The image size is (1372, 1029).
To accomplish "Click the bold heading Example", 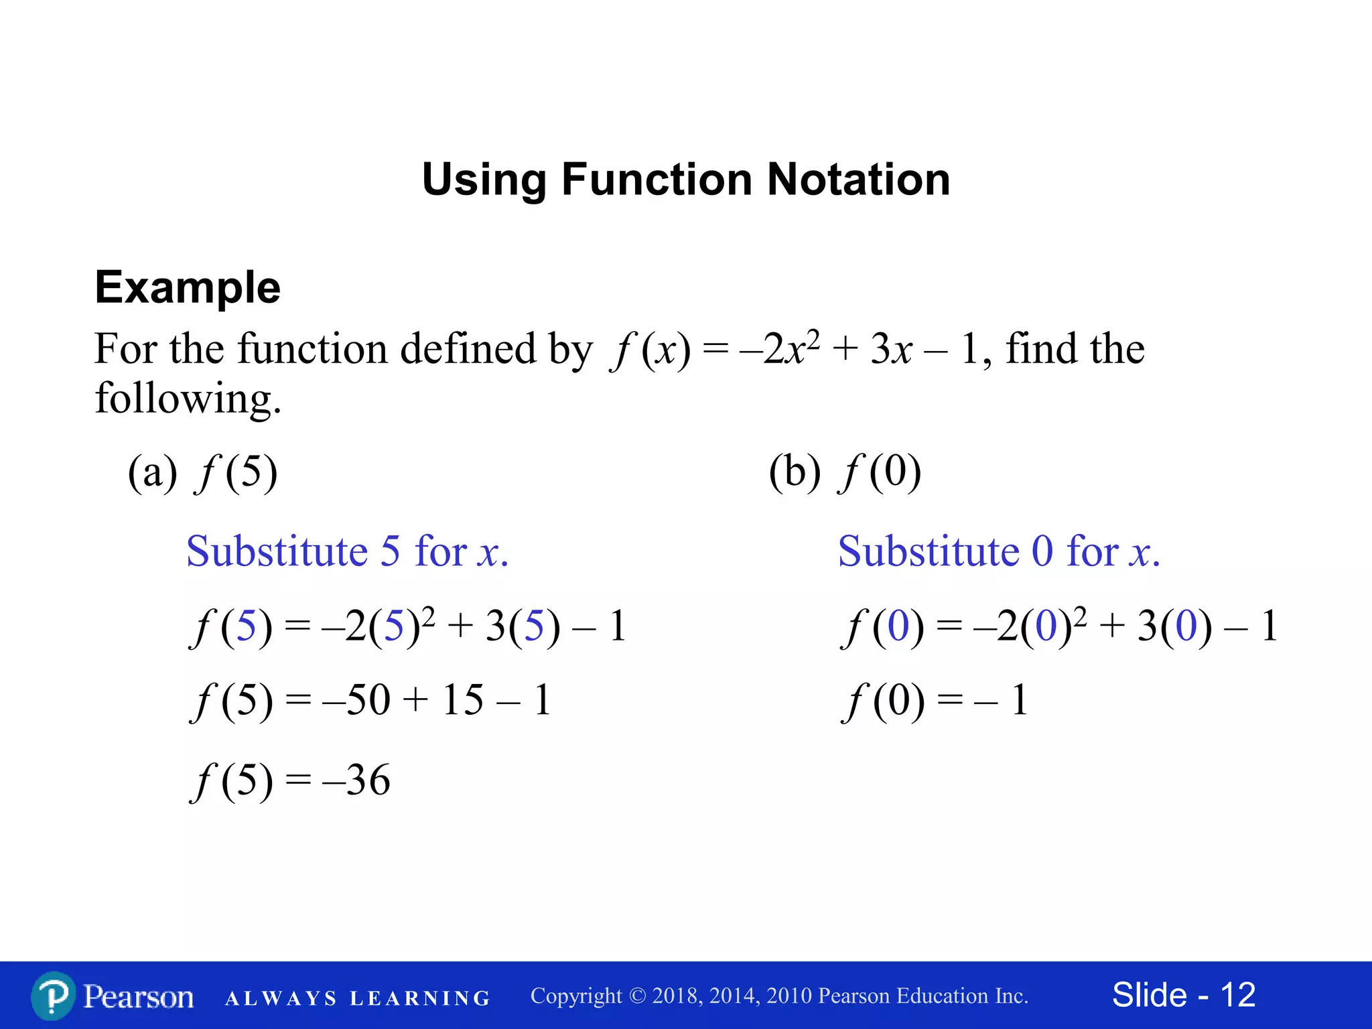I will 188,287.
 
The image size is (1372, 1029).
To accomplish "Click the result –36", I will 356,780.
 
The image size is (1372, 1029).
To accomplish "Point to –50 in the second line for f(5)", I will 356,700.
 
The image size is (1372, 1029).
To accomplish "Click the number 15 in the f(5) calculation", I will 462,700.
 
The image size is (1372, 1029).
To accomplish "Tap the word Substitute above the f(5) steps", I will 277,551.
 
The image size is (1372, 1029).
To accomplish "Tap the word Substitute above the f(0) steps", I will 929,551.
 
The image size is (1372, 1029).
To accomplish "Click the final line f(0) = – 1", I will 935,701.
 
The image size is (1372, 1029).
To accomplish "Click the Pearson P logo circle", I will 53,996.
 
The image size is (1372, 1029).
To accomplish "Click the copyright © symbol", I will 637,996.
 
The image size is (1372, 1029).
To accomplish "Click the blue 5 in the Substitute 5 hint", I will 390,551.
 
